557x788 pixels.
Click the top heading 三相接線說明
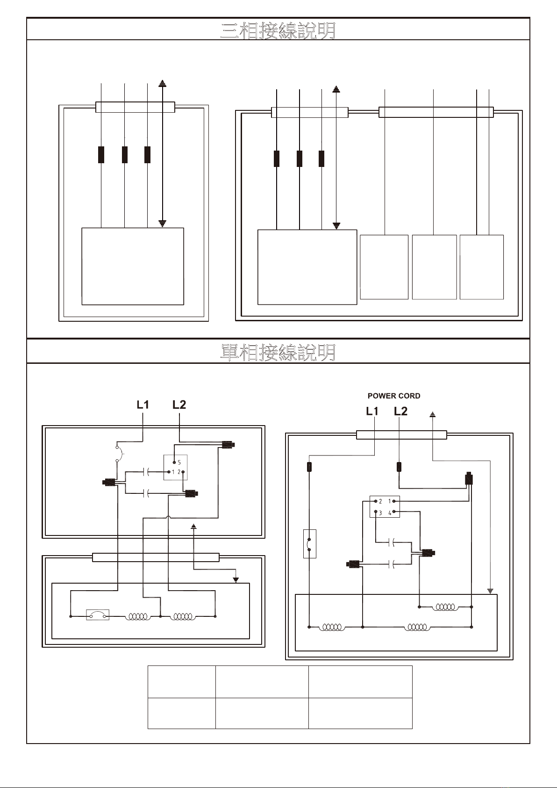coord(278,30)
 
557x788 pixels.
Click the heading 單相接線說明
coord(278,353)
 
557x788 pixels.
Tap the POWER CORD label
coord(394,396)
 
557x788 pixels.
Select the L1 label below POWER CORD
coord(372,411)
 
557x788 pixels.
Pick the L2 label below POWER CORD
coord(400,411)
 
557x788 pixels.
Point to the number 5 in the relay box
coord(179,463)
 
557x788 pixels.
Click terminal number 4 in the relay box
coord(390,513)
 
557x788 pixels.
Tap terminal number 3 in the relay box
coord(380,513)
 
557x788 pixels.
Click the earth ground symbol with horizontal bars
coord(490,591)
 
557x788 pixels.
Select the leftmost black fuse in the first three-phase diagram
coord(101,155)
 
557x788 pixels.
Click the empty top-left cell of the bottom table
coord(182,682)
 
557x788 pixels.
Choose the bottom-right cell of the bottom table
coord(360,714)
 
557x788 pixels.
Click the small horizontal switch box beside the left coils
coord(98,615)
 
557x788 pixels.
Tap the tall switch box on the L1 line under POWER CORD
coord(310,544)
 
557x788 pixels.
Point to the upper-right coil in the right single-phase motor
coord(445,607)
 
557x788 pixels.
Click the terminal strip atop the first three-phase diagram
coord(136,107)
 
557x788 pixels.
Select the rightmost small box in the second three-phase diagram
coord(482,267)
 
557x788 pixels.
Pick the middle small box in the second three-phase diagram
coord(435,267)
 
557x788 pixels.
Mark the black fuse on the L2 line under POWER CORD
coord(399,467)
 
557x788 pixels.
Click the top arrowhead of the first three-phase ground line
coord(162,83)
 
